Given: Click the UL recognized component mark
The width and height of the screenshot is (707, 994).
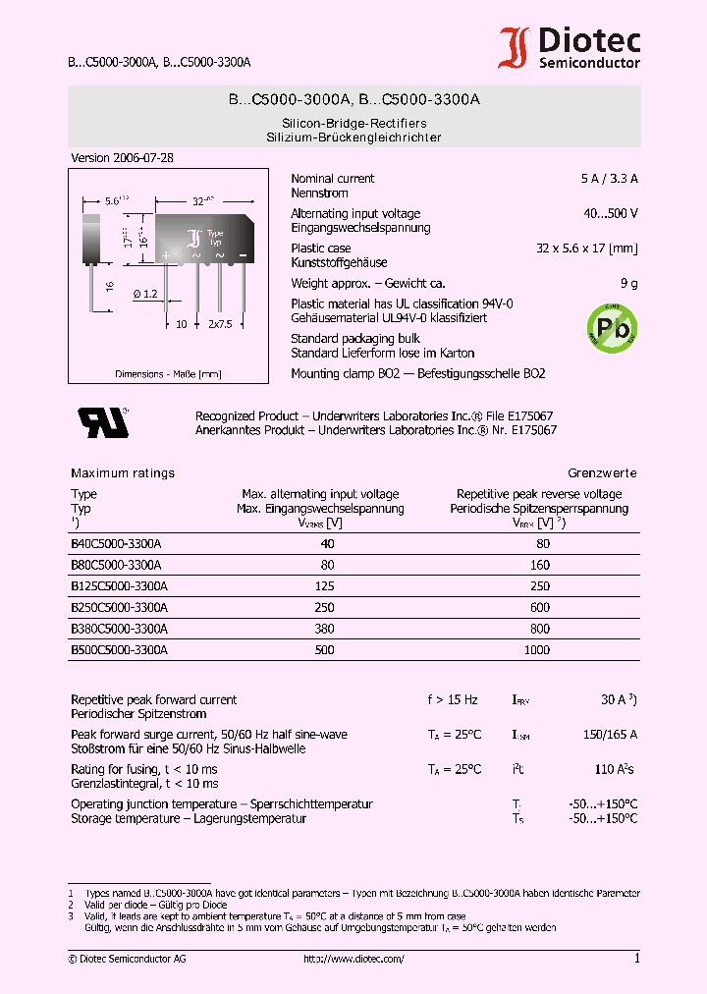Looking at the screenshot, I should point(103,421).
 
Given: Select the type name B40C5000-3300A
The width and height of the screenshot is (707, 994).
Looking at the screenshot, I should point(116,543).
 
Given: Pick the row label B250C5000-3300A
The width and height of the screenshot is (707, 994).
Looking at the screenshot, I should point(119,608).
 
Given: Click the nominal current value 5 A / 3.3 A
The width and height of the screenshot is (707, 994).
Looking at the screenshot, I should point(609,179).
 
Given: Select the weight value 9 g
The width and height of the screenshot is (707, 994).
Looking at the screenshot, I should point(628,284).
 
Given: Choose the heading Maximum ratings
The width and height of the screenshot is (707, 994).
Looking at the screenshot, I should point(123,473).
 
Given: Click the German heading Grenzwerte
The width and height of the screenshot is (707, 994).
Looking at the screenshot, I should point(602,473).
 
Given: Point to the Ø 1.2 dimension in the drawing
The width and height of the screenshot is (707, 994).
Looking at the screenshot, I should point(143,294).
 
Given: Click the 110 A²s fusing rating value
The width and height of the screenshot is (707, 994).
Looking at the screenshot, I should point(615,769).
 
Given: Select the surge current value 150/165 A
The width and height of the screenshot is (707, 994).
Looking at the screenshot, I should point(610,735).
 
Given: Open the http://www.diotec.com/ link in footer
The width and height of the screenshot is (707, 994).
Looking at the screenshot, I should point(353,959).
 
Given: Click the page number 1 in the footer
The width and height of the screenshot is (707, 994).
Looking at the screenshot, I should point(636,959).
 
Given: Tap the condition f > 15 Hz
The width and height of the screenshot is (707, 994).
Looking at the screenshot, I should point(452,700).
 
